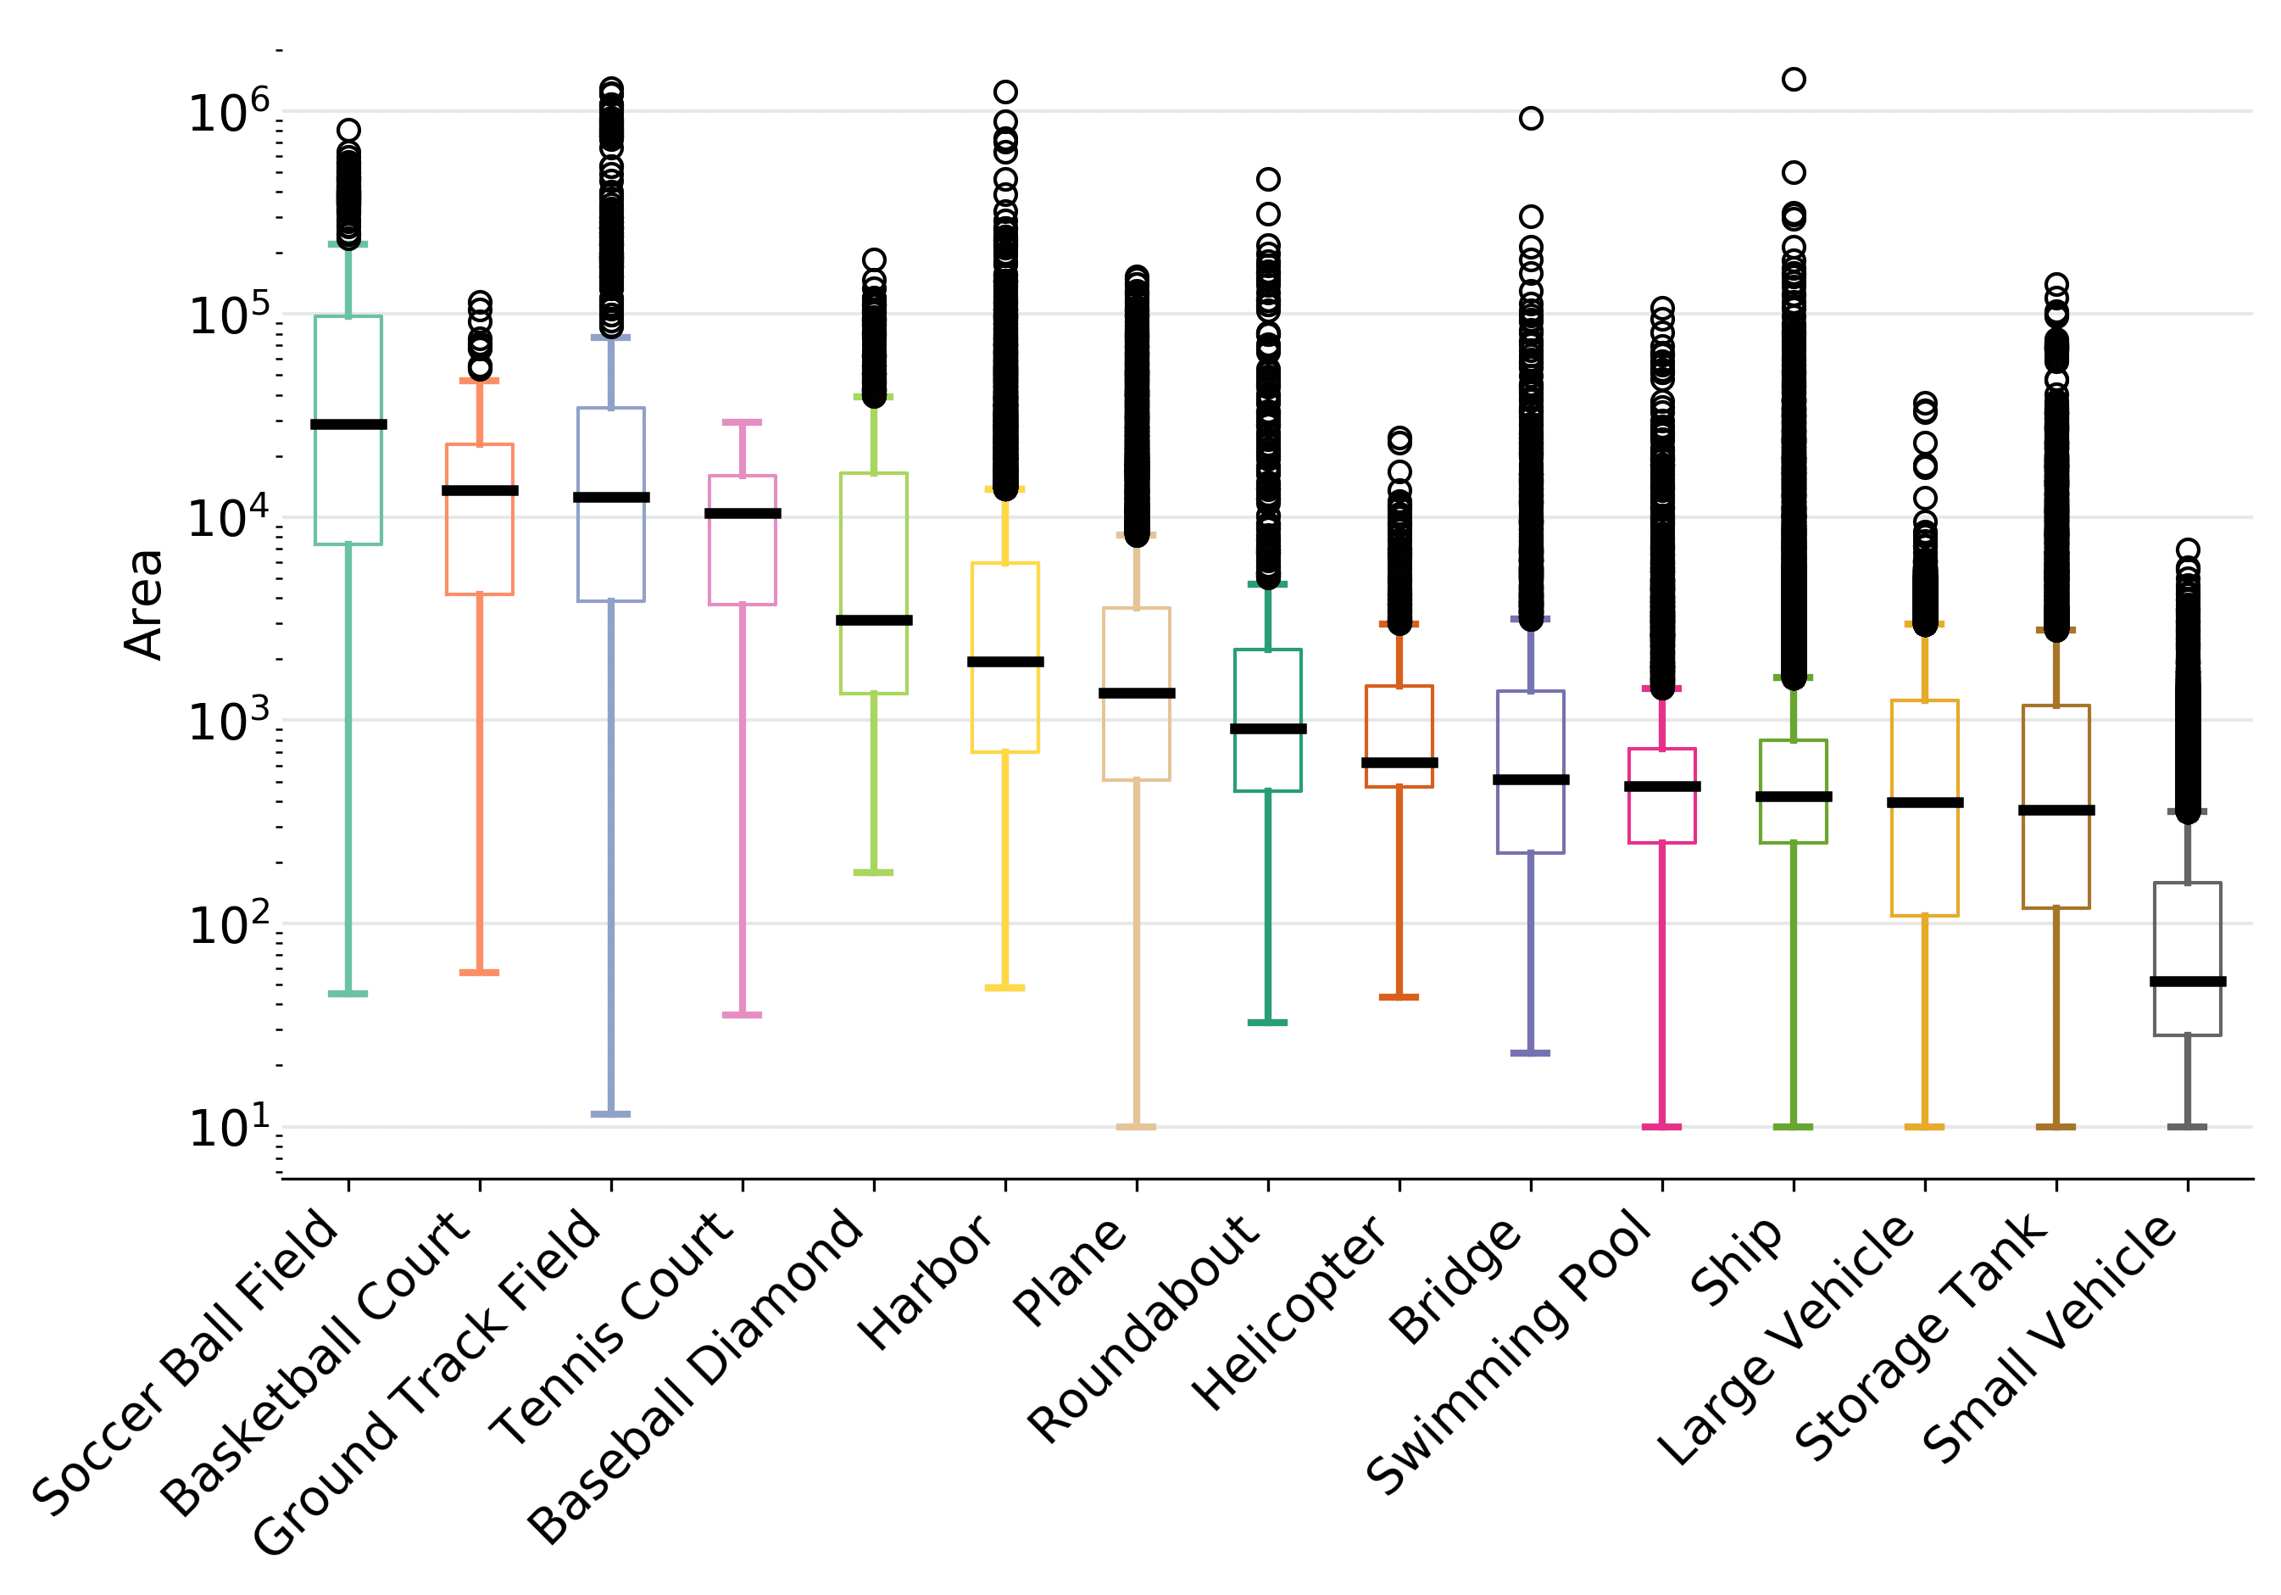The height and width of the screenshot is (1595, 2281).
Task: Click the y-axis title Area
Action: click(x=144, y=605)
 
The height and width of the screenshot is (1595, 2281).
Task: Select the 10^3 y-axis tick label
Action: click(x=229, y=721)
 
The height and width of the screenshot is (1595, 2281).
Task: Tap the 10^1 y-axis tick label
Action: click(x=229, y=1127)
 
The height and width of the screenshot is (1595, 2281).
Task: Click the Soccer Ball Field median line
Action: click(x=348, y=424)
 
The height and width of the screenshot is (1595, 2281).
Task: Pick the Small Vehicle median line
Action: click(x=2188, y=982)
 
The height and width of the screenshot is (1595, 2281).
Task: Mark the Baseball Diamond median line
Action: click(x=874, y=620)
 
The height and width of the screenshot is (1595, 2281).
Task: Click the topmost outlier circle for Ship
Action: click(x=1794, y=80)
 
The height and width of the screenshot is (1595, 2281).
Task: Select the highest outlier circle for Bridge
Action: click(x=1531, y=118)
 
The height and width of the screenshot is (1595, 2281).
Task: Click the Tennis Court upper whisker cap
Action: click(x=743, y=422)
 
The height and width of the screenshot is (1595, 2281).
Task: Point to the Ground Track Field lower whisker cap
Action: click(x=611, y=1114)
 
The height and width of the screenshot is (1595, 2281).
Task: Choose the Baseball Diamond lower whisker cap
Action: click(x=874, y=873)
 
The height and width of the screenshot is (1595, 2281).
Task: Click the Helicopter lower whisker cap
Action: click(x=1399, y=996)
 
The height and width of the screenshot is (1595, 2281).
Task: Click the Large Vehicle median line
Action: click(x=1925, y=802)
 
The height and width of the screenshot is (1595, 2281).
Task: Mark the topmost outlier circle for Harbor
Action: click(x=1005, y=92)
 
